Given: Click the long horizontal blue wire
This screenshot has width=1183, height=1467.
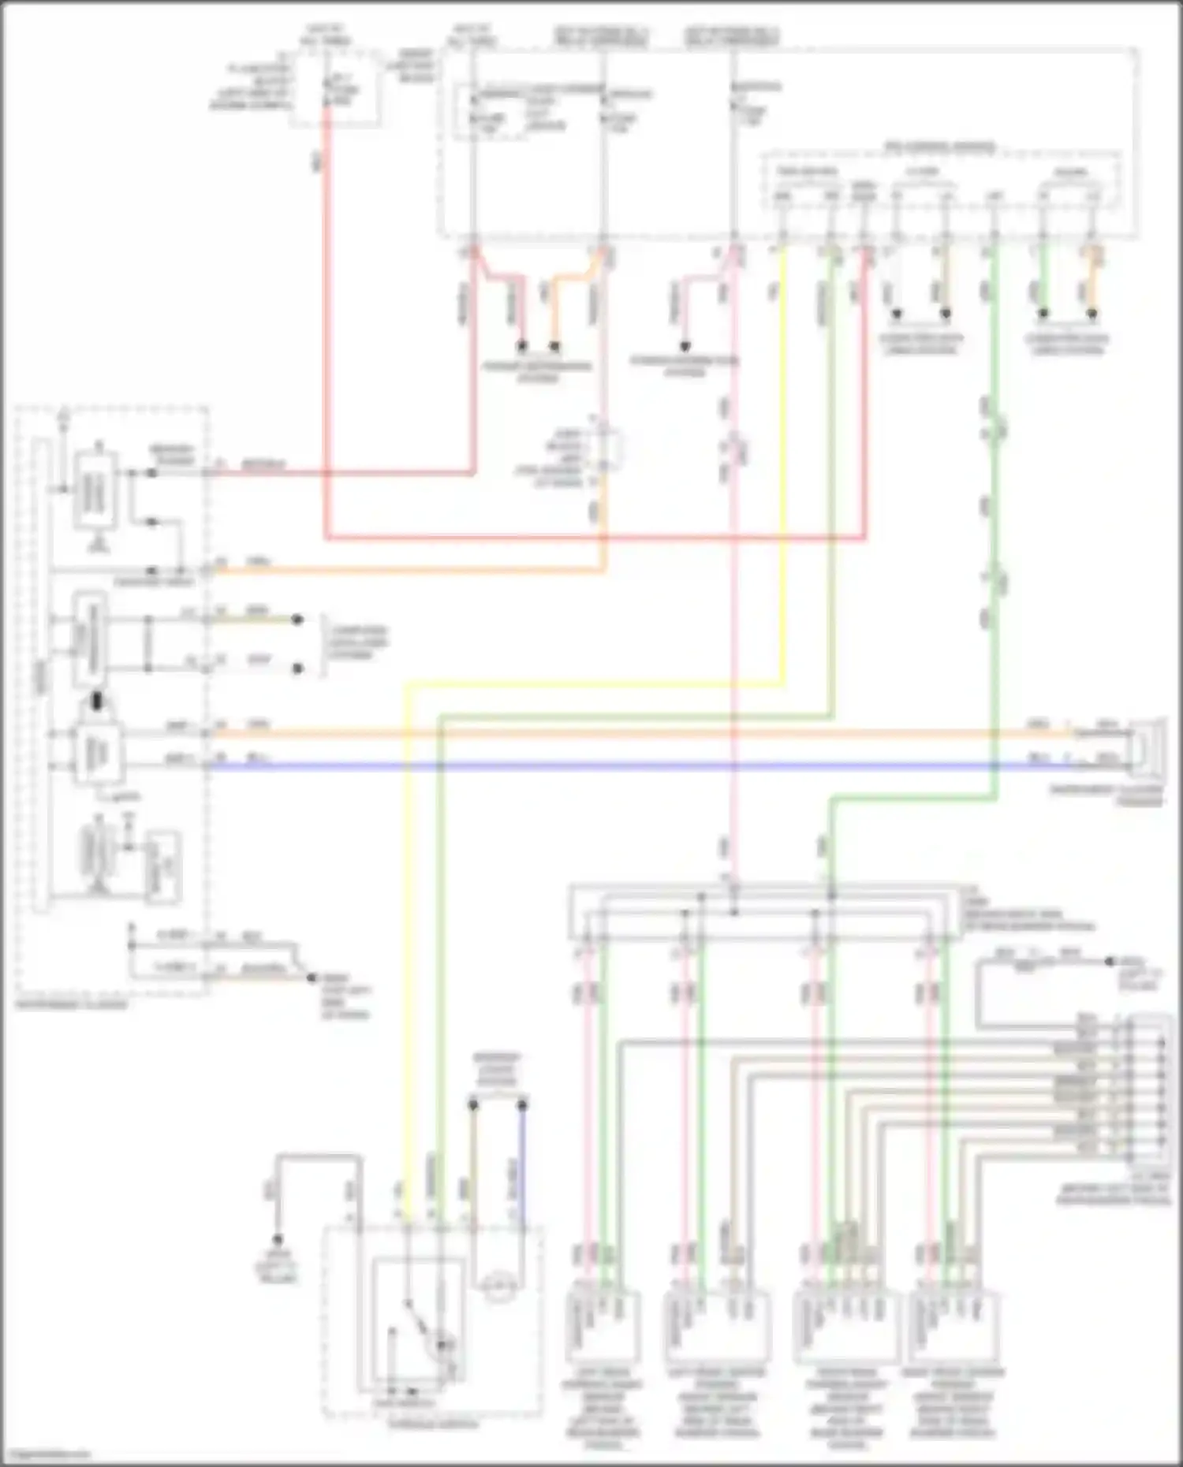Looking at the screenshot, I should tap(631, 765).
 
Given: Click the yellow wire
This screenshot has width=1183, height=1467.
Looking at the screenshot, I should tap(406, 946).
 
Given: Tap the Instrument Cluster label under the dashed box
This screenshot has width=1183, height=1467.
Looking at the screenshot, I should tap(71, 1005).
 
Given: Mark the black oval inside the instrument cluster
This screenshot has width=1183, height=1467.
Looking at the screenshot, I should tap(97, 700).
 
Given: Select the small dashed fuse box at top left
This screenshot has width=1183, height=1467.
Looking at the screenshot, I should tap(335, 87).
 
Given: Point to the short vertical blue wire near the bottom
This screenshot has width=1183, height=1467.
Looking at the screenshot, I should tap(521, 1182).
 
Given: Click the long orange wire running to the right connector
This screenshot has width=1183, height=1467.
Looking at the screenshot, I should tap(631, 733).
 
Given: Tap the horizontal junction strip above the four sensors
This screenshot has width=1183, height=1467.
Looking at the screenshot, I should tap(765, 914).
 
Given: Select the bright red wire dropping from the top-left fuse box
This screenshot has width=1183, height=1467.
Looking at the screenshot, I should tap(324, 315).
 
